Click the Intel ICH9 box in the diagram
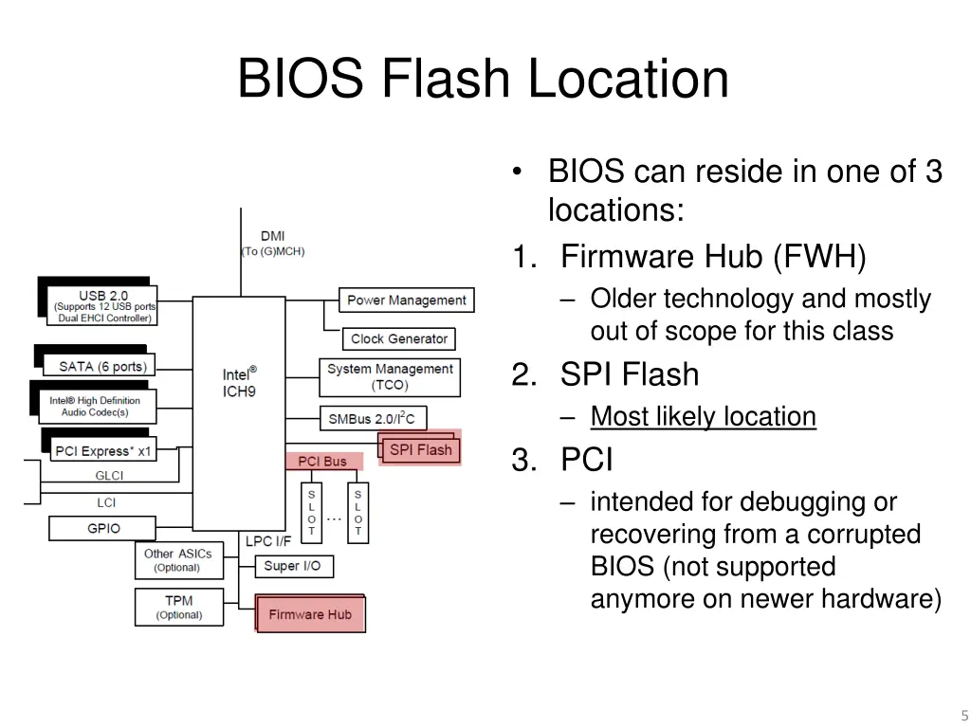point(239,412)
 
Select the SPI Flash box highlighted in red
point(421,449)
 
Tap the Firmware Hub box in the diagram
point(310,614)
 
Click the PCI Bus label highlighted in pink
point(322,462)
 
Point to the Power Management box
point(407,300)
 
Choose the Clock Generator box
point(399,338)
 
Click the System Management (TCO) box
point(390,377)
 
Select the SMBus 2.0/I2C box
point(372,418)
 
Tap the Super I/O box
point(292,566)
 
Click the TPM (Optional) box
point(178,608)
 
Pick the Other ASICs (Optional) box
point(178,560)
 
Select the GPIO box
point(104,528)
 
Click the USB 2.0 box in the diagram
point(103,306)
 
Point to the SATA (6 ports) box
point(102,367)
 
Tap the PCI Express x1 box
point(102,451)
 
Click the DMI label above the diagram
point(273,236)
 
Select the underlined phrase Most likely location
point(703,416)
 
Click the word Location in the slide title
point(629,79)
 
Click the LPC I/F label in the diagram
point(268,541)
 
